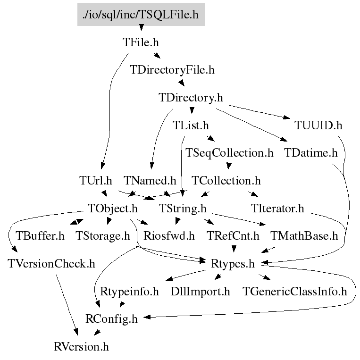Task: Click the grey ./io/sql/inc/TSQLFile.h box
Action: point(141,15)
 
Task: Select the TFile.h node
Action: point(141,42)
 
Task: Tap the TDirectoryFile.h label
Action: point(172,70)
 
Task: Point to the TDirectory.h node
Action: point(191,98)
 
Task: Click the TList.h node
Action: point(191,126)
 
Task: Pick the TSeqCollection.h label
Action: point(230,153)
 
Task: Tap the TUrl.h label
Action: point(96,180)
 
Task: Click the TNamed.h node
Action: point(150,180)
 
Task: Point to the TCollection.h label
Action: point(226,180)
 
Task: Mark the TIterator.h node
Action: point(278,208)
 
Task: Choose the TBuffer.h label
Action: point(40,235)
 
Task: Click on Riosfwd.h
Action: point(169,235)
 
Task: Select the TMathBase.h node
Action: point(304,235)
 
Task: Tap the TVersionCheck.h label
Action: point(51,263)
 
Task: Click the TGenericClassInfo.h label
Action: point(294,291)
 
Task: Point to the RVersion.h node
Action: point(81,347)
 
